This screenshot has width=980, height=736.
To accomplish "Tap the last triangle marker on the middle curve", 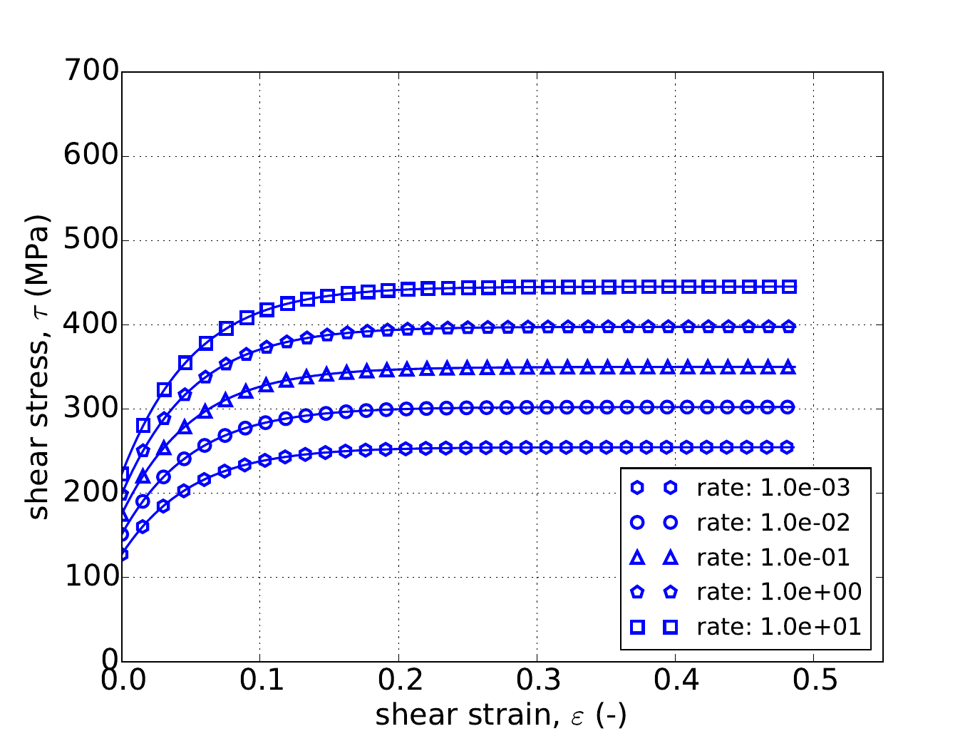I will coord(788,368).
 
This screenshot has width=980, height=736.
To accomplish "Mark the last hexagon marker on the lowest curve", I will coord(788,447).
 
